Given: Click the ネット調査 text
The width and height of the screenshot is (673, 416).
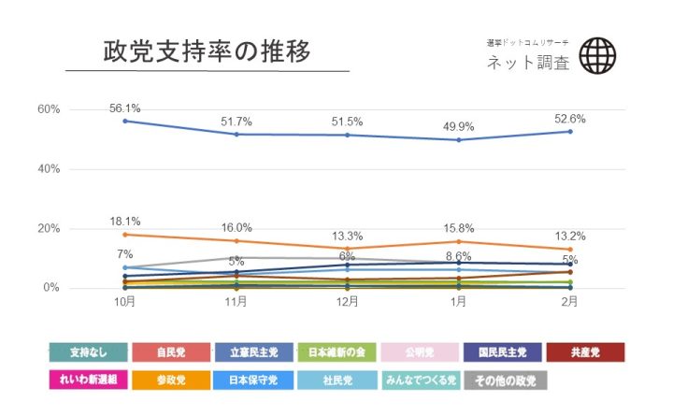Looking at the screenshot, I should click(x=527, y=64).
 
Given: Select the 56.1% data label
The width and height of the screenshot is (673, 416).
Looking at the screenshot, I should click(x=125, y=108).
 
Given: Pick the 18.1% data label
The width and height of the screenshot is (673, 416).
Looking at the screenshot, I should click(x=125, y=222).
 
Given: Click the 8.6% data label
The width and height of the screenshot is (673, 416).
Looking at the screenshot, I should click(x=459, y=255).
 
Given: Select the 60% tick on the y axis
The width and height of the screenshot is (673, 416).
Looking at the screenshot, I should click(x=49, y=109).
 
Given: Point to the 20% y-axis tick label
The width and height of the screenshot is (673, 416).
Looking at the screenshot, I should click(x=49, y=229).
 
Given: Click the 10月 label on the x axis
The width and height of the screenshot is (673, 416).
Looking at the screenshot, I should click(x=125, y=302).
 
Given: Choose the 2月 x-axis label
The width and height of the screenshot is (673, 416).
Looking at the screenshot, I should click(x=570, y=302).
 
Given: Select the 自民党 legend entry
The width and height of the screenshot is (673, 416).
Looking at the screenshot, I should click(x=170, y=352).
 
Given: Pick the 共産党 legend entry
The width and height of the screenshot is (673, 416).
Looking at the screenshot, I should click(x=585, y=352).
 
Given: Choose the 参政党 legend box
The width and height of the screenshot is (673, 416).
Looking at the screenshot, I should click(x=170, y=380).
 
